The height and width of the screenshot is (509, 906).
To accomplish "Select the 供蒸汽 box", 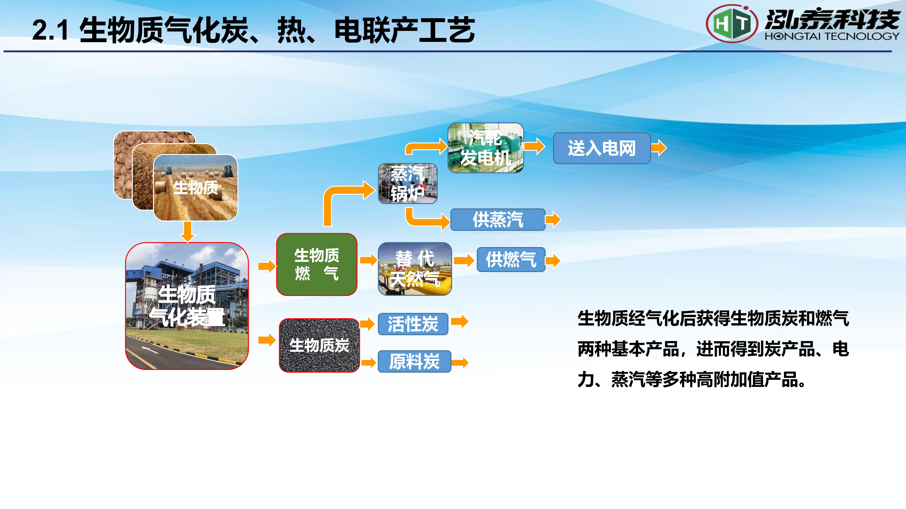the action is (498, 220).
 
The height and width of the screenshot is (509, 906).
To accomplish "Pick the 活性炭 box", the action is (413, 324).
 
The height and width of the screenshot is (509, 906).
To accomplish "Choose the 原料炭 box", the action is (414, 361).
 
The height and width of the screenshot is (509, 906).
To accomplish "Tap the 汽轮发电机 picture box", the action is (486, 148).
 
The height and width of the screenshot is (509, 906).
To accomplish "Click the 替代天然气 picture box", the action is (415, 269).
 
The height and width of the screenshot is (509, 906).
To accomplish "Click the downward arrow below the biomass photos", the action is (188, 232).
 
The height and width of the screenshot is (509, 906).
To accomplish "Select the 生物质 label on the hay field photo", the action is (196, 187).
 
